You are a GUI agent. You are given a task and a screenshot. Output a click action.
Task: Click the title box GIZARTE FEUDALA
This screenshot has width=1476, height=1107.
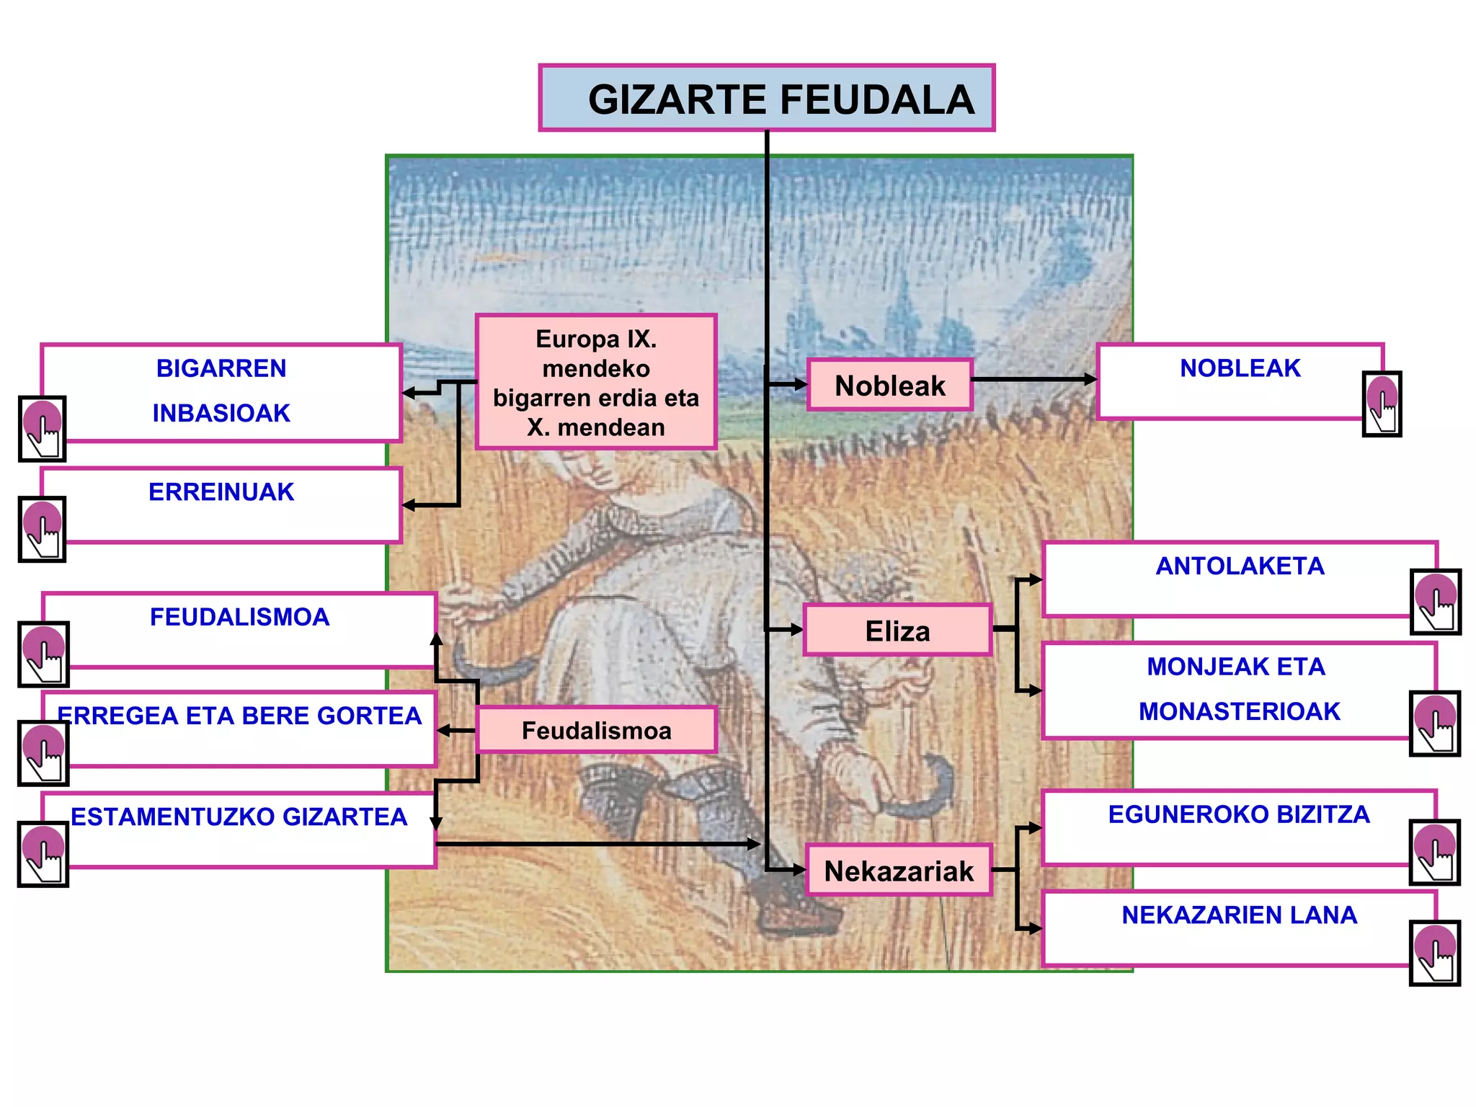(x=767, y=98)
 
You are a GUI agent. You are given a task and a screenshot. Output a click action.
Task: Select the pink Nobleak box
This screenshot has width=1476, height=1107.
(x=890, y=385)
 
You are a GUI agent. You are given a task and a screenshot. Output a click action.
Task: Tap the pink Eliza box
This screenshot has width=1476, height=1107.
(x=897, y=631)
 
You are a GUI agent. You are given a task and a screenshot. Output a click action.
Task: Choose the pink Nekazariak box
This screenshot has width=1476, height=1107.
(x=899, y=871)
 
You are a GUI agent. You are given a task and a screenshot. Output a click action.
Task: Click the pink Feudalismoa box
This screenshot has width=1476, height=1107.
(x=596, y=730)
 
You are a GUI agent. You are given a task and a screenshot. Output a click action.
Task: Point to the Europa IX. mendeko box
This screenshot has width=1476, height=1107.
(x=596, y=383)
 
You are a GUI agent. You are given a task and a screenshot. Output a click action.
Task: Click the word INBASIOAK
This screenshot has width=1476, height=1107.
(x=221, y=413)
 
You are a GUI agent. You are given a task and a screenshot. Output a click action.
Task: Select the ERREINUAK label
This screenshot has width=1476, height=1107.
(x=221, y=492)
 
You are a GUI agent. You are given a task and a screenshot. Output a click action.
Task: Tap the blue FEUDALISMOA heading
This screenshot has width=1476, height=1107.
(x=239, y=617)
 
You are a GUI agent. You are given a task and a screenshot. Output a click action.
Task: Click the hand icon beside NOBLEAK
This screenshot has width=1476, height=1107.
(x=1382, y=404)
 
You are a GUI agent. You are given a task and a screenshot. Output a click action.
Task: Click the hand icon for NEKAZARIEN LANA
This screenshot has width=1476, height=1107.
(x=1435, y=953)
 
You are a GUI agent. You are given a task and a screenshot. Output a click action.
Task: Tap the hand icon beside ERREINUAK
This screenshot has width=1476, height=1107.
(x=43, y=529)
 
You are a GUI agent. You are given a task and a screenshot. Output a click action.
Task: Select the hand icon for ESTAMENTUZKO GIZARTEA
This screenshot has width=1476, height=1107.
(x=43, y=853)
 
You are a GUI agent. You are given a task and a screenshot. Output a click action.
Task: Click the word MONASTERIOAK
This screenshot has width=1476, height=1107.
(x=1240, y=711)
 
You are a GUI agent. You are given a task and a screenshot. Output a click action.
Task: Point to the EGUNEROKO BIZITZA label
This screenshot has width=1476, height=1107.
(x=1239, y=814)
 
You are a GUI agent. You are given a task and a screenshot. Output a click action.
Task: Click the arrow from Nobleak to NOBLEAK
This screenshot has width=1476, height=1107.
(x=1034, y=379)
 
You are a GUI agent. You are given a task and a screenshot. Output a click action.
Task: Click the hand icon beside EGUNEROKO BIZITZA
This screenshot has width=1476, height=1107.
(x=1435, y=852)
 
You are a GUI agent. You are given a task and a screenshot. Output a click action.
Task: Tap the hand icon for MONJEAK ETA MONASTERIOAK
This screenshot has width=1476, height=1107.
(x=1435, y=724)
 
